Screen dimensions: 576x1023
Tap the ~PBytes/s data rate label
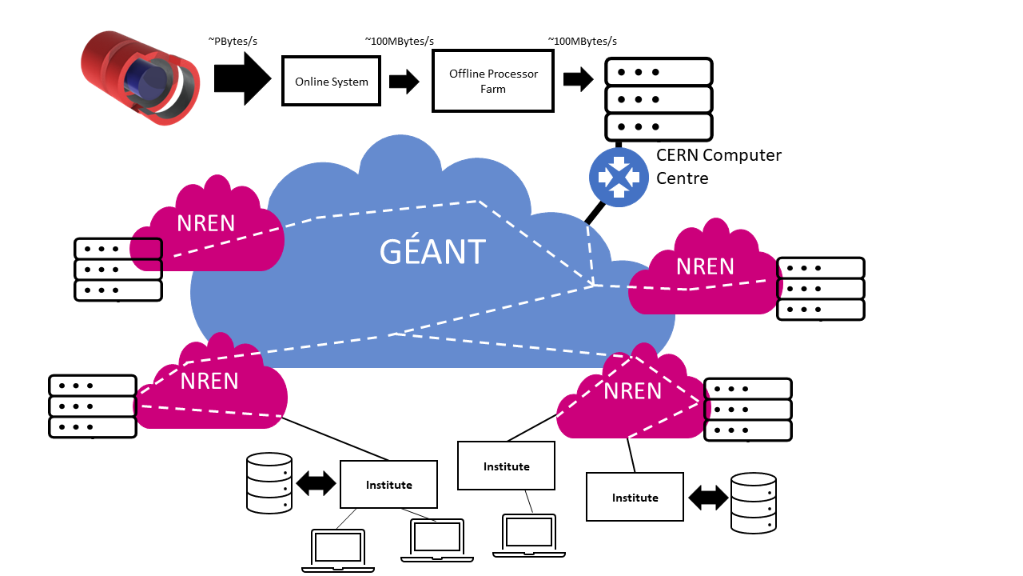pos(233,41)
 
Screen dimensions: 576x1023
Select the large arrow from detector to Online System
pos(242,79)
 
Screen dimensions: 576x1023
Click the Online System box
pos(331,81)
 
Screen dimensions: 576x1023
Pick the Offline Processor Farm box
pos(492,81)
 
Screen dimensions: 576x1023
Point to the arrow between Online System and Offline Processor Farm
pos(404,81)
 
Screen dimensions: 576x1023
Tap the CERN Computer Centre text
pos(718,166)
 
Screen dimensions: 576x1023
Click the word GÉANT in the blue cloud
pos(432,252)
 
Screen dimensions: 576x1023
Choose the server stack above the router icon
pos(658,99)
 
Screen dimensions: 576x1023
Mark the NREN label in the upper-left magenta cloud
pos(206,222)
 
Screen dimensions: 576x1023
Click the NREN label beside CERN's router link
pos(704,266)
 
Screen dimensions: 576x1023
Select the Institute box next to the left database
pos(388,484)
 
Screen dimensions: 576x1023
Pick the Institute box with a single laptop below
pos(506,466)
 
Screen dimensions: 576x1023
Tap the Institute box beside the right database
pos(635,497)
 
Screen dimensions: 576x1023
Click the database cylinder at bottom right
pos(754,502)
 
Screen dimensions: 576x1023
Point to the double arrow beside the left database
pos(316,483)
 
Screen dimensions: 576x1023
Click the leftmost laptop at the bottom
pos(338,550)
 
